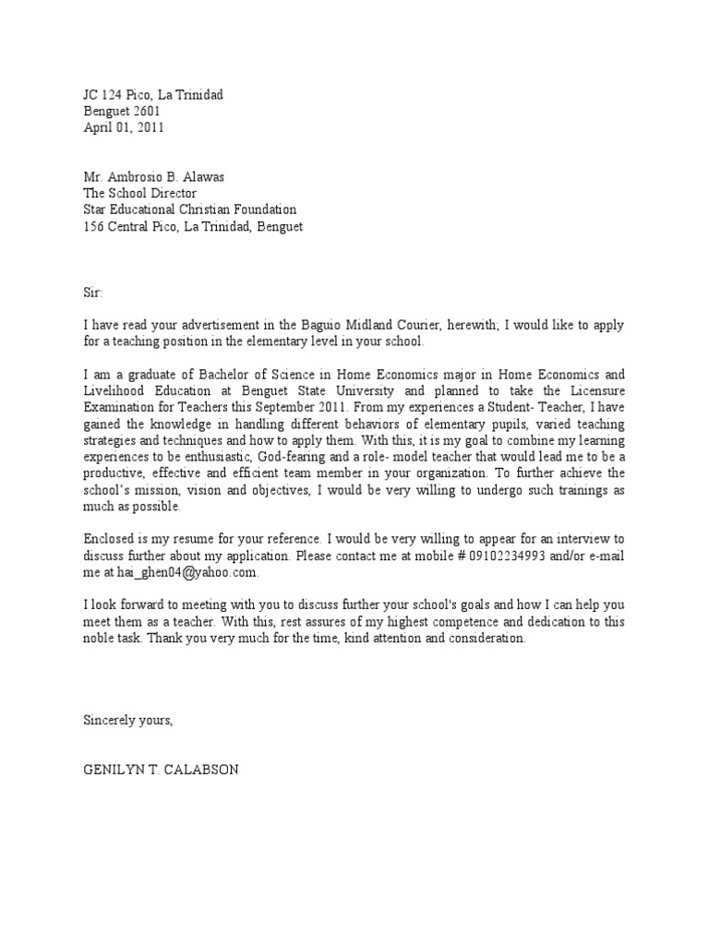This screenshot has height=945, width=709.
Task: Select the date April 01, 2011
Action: tap(124, 128)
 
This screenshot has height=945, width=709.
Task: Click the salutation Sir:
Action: tap(94, 293)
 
